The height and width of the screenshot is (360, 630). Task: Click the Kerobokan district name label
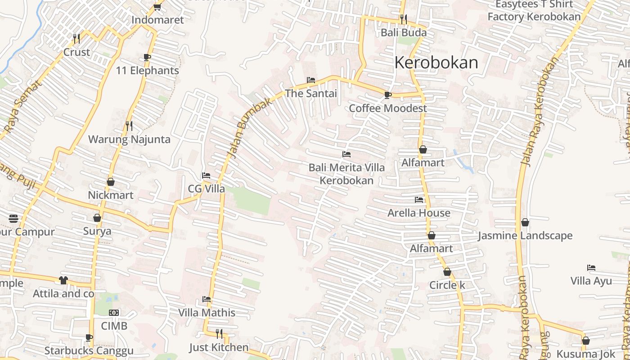click(x=436, y=63)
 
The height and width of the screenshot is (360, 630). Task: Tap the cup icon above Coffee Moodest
click(x=387, y=95)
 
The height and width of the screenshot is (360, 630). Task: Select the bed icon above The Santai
click(x=310, y=81)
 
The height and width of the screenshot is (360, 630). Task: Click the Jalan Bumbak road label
click(x=250, y=128)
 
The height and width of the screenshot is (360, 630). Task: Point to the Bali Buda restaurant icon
click(x=404, y=19)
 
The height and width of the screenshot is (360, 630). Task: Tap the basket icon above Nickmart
click(x=111, y=182)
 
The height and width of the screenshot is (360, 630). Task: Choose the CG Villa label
click(x=206, y=189)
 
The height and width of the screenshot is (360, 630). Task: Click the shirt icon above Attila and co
click(x=63, y=280)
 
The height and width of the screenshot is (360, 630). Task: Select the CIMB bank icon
click(x=114, y=312)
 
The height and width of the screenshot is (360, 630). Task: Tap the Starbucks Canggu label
click(x=89, y=351)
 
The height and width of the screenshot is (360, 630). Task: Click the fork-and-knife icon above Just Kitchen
click(x=219, y=333)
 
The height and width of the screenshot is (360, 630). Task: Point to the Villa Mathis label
click(x=207, y=312)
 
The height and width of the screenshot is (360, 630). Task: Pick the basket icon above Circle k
click(x=447, y=272)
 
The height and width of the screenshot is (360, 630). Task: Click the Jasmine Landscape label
click(x=525, y=236)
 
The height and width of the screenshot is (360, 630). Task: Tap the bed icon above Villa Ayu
click(x=591, y=268)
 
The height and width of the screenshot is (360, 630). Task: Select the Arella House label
click(x=419, y=213)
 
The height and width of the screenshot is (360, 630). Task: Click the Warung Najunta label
click(x=129, y=139)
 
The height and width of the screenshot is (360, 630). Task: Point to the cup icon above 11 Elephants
click(x=147, y=57)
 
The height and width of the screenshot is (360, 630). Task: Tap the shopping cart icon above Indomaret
click(x=157, y=7)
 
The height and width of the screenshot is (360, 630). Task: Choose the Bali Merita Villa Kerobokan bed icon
click(x=346, y=154)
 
